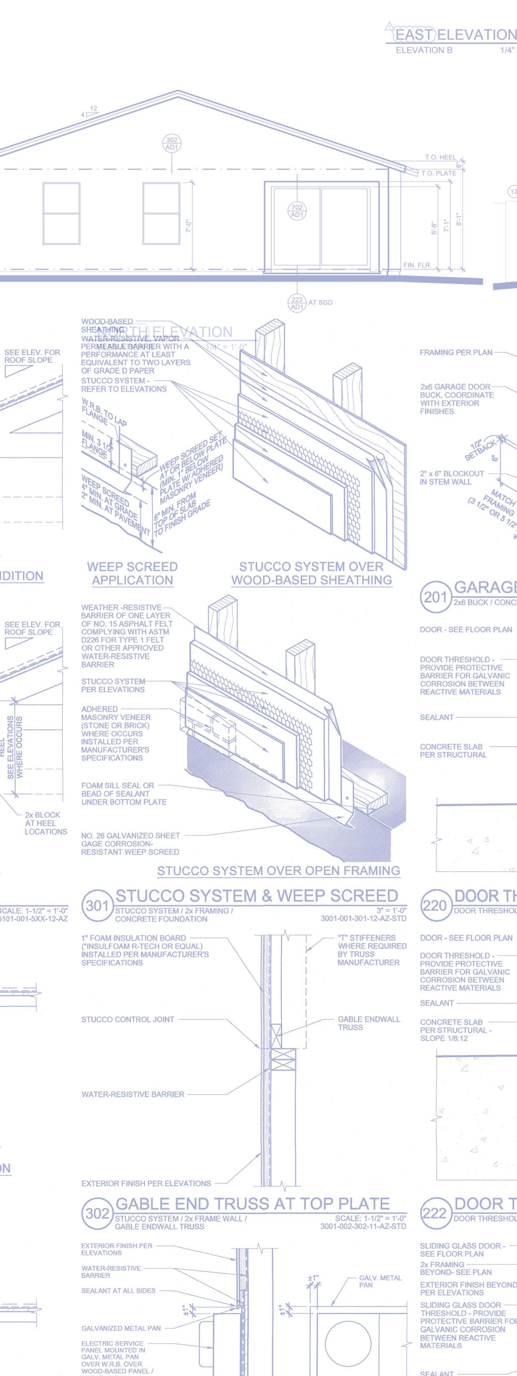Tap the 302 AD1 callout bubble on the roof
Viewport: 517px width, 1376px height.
pos(172,144)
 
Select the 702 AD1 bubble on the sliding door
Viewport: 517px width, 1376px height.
pos(297,211)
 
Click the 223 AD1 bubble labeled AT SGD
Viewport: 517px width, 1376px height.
pos(297,303)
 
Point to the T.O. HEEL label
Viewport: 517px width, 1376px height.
pos(441,157)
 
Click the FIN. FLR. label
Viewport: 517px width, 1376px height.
pos(417,265)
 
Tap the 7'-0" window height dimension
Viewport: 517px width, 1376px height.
pos(188,227)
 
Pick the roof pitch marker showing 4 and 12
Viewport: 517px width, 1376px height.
pos(90,111)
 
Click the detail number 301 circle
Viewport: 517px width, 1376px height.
pos(97,905)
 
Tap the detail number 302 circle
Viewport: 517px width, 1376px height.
pos(97,1213)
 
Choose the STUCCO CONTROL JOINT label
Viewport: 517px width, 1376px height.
pos(128,1019)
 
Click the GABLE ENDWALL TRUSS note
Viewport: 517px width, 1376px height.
pos(368,1023)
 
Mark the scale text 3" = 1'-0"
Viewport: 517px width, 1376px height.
pos(391,910)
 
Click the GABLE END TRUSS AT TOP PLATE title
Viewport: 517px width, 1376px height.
pos(253,1204)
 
